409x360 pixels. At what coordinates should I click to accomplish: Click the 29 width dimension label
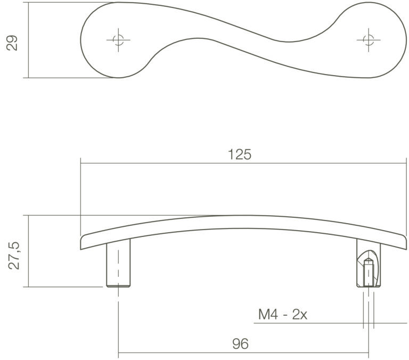click(12, 43)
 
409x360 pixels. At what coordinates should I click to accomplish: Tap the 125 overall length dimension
click(240, 154)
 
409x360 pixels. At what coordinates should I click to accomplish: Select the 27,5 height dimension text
click(13, 256)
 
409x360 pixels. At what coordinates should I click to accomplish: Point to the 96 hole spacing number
click(240, 344)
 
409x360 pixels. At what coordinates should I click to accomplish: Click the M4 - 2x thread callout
click(282, 314)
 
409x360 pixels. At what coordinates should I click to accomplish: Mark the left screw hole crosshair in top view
click(118, 40)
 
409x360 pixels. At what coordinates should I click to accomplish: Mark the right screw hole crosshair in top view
click(369, 40)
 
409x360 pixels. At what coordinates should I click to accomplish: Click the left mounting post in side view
click(118, 263)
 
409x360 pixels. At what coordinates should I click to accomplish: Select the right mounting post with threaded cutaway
click(369, 264)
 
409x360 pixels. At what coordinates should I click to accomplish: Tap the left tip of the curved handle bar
click(81, 243)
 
